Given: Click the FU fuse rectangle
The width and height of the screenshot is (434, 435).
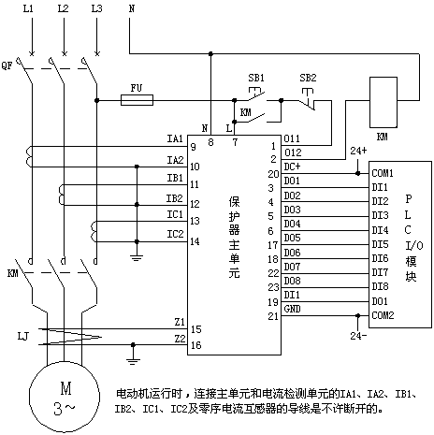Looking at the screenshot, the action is [137, 100].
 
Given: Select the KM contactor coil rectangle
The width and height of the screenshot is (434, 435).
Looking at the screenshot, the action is [383, 102].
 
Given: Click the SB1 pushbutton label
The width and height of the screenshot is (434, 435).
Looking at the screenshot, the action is [256, 78].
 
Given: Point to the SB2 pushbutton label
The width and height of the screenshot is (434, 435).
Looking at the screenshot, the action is [308, 78].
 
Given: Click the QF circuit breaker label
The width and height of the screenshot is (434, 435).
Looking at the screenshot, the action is [7, 65].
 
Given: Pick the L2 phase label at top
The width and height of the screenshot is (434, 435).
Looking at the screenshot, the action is [63, 8].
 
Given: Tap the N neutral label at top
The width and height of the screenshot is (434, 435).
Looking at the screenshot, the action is [132, 8].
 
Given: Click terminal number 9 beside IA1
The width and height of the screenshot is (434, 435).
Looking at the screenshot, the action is [194, 147].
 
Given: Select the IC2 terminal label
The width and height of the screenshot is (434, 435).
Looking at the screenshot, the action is [175, 234].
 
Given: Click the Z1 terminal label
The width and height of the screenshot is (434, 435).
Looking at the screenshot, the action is [180, 322].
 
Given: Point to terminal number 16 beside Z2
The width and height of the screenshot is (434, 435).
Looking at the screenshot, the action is [196, 345].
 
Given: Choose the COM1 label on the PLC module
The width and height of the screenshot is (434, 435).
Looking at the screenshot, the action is [383, 173].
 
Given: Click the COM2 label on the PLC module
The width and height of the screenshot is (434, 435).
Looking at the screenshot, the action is [383, 315].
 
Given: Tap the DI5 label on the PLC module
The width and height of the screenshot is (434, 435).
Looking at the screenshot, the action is [380, 244].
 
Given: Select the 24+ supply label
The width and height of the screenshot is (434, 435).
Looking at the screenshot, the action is [358, 151].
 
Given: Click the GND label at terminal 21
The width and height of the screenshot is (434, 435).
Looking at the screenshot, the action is [293, 309].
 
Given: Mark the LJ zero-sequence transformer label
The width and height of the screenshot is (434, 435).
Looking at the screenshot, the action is [23, 336].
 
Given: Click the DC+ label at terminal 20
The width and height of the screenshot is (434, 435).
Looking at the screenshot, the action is [292, 167].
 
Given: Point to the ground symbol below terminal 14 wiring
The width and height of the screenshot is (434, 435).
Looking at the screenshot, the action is [137, 258].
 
